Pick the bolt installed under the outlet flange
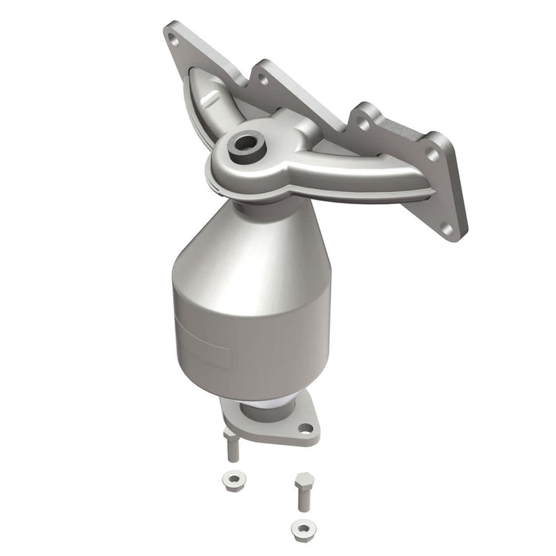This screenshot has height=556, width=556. [x=231, y=446]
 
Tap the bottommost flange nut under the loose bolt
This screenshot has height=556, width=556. [x=300, y=527]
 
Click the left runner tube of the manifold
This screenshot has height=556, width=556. [x=208, y=103]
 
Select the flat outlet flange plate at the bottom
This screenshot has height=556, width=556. [x=270, y=425]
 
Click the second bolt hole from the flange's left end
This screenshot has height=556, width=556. [x=261, y=77]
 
